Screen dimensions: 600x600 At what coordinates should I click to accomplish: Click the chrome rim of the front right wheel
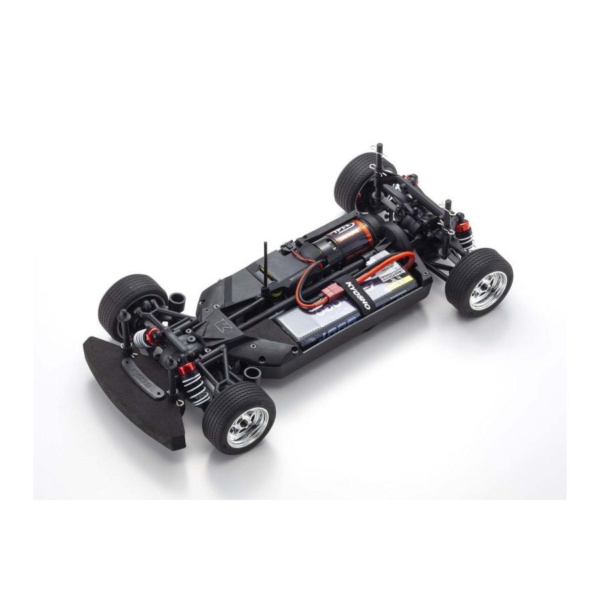click(247, 427)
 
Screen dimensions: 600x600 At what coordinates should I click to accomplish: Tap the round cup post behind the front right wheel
click(252, 373)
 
